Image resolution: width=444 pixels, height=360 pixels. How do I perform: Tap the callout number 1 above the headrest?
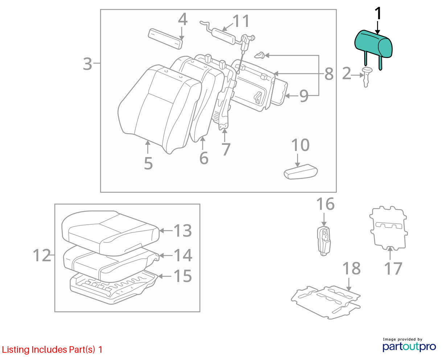click(x=378, y=13)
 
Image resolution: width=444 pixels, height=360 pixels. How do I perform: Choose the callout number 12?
click(x=42, y=255)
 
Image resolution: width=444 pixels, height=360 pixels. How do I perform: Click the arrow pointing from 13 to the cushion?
click(x=166, y=230)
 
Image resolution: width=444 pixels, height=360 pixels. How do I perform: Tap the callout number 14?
click(x=183, y=255)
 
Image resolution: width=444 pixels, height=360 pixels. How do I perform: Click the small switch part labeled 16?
click(x=324, y=241)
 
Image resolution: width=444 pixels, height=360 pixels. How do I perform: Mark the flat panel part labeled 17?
click(x=388, y=228)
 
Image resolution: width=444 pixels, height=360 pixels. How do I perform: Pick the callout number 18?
click(x=351, y=268)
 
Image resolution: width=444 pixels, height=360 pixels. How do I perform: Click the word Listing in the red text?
click(x=16, y=350)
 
